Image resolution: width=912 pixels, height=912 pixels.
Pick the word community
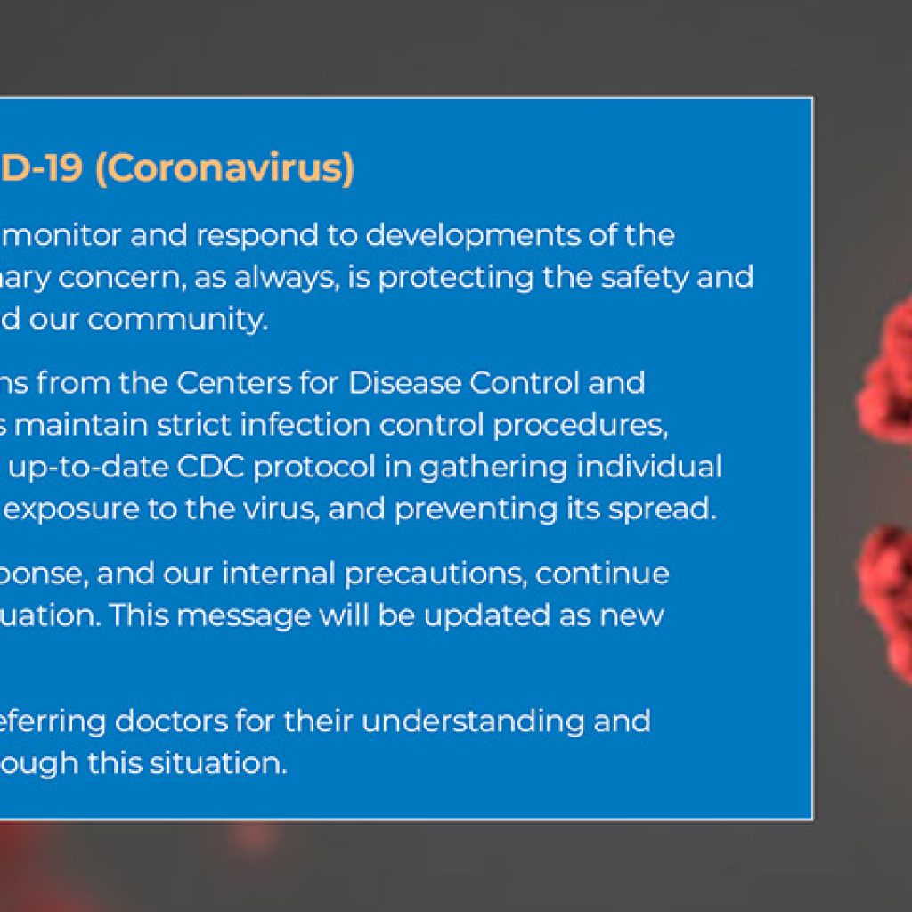(178, 321)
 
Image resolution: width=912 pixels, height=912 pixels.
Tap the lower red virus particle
(885, 606)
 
